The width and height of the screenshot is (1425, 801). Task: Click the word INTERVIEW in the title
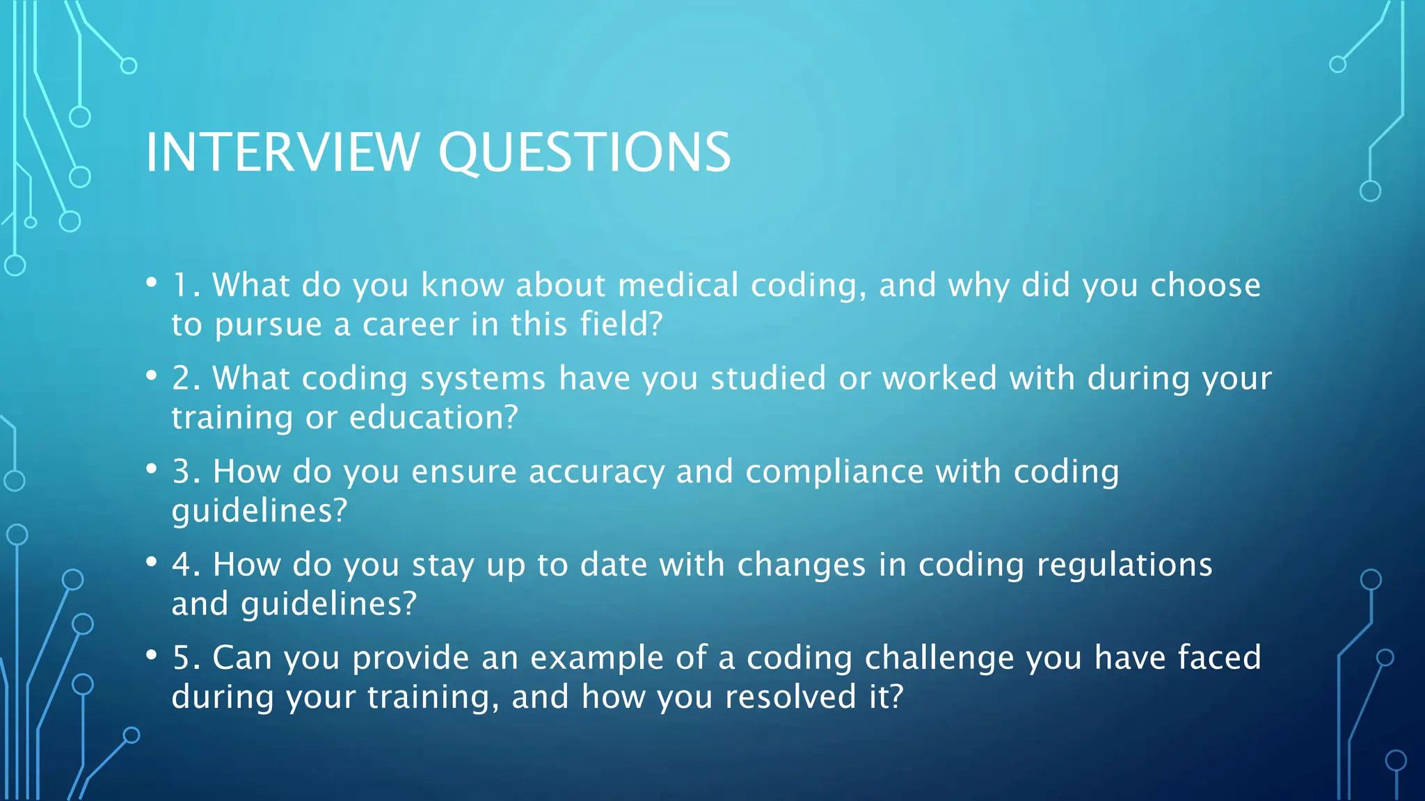pos(282,152)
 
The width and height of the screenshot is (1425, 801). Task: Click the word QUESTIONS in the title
pos(584,152)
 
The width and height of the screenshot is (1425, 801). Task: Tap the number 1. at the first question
pos(186,286)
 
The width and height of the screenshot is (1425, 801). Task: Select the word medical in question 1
pos(678,286)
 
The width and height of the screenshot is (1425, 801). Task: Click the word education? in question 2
pos(433,418)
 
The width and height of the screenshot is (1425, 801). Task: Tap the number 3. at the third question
pos(186,472)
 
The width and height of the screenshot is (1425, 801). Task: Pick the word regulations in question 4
pos(1124,565)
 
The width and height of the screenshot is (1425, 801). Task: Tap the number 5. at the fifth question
pos(186,658)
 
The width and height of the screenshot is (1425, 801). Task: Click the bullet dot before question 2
pos(152,376)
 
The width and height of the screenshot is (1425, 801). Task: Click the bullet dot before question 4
pos(152,562)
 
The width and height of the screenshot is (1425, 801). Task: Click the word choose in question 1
pos(1205,286)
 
